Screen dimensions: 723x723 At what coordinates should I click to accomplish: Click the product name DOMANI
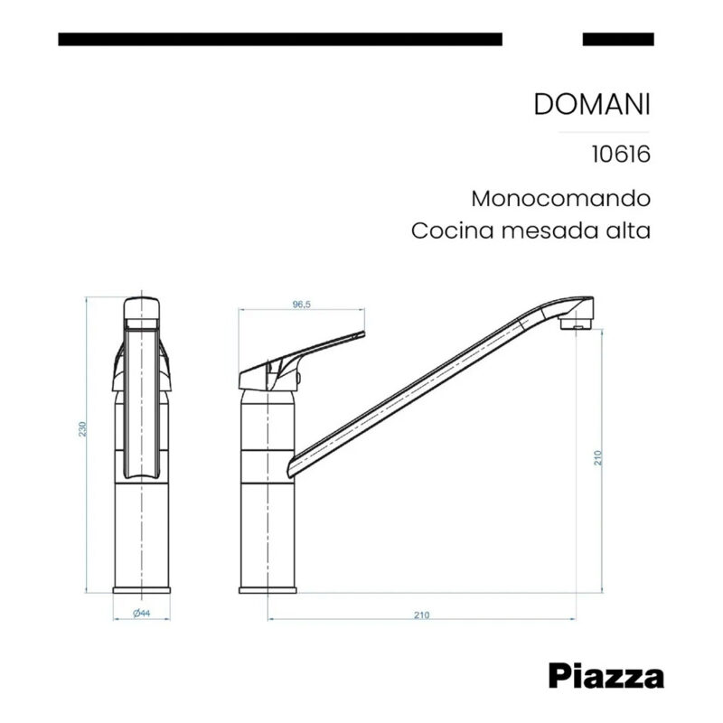[592, 104]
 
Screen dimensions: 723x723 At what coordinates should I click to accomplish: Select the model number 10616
[621, 154]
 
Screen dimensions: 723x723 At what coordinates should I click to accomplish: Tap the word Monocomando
[560, 198]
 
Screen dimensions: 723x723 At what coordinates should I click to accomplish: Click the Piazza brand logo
[606, 675]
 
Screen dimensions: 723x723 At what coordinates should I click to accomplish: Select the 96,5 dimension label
[301, 305]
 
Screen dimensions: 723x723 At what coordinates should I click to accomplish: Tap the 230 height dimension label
[83, 429]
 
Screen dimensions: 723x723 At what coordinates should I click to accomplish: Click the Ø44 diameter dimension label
[141, 614]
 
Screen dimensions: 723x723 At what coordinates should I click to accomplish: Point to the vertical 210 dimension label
[597, 457]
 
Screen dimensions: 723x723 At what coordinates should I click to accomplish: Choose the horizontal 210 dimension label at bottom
[420, 615]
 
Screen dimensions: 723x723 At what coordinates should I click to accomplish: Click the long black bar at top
[279, 39]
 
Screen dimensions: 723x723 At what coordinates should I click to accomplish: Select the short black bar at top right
[618, 39]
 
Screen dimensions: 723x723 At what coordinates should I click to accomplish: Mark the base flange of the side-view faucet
[268, 589]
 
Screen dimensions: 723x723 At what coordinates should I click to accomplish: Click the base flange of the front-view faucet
[141, 589]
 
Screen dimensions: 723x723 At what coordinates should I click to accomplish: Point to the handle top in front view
[141, 305]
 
